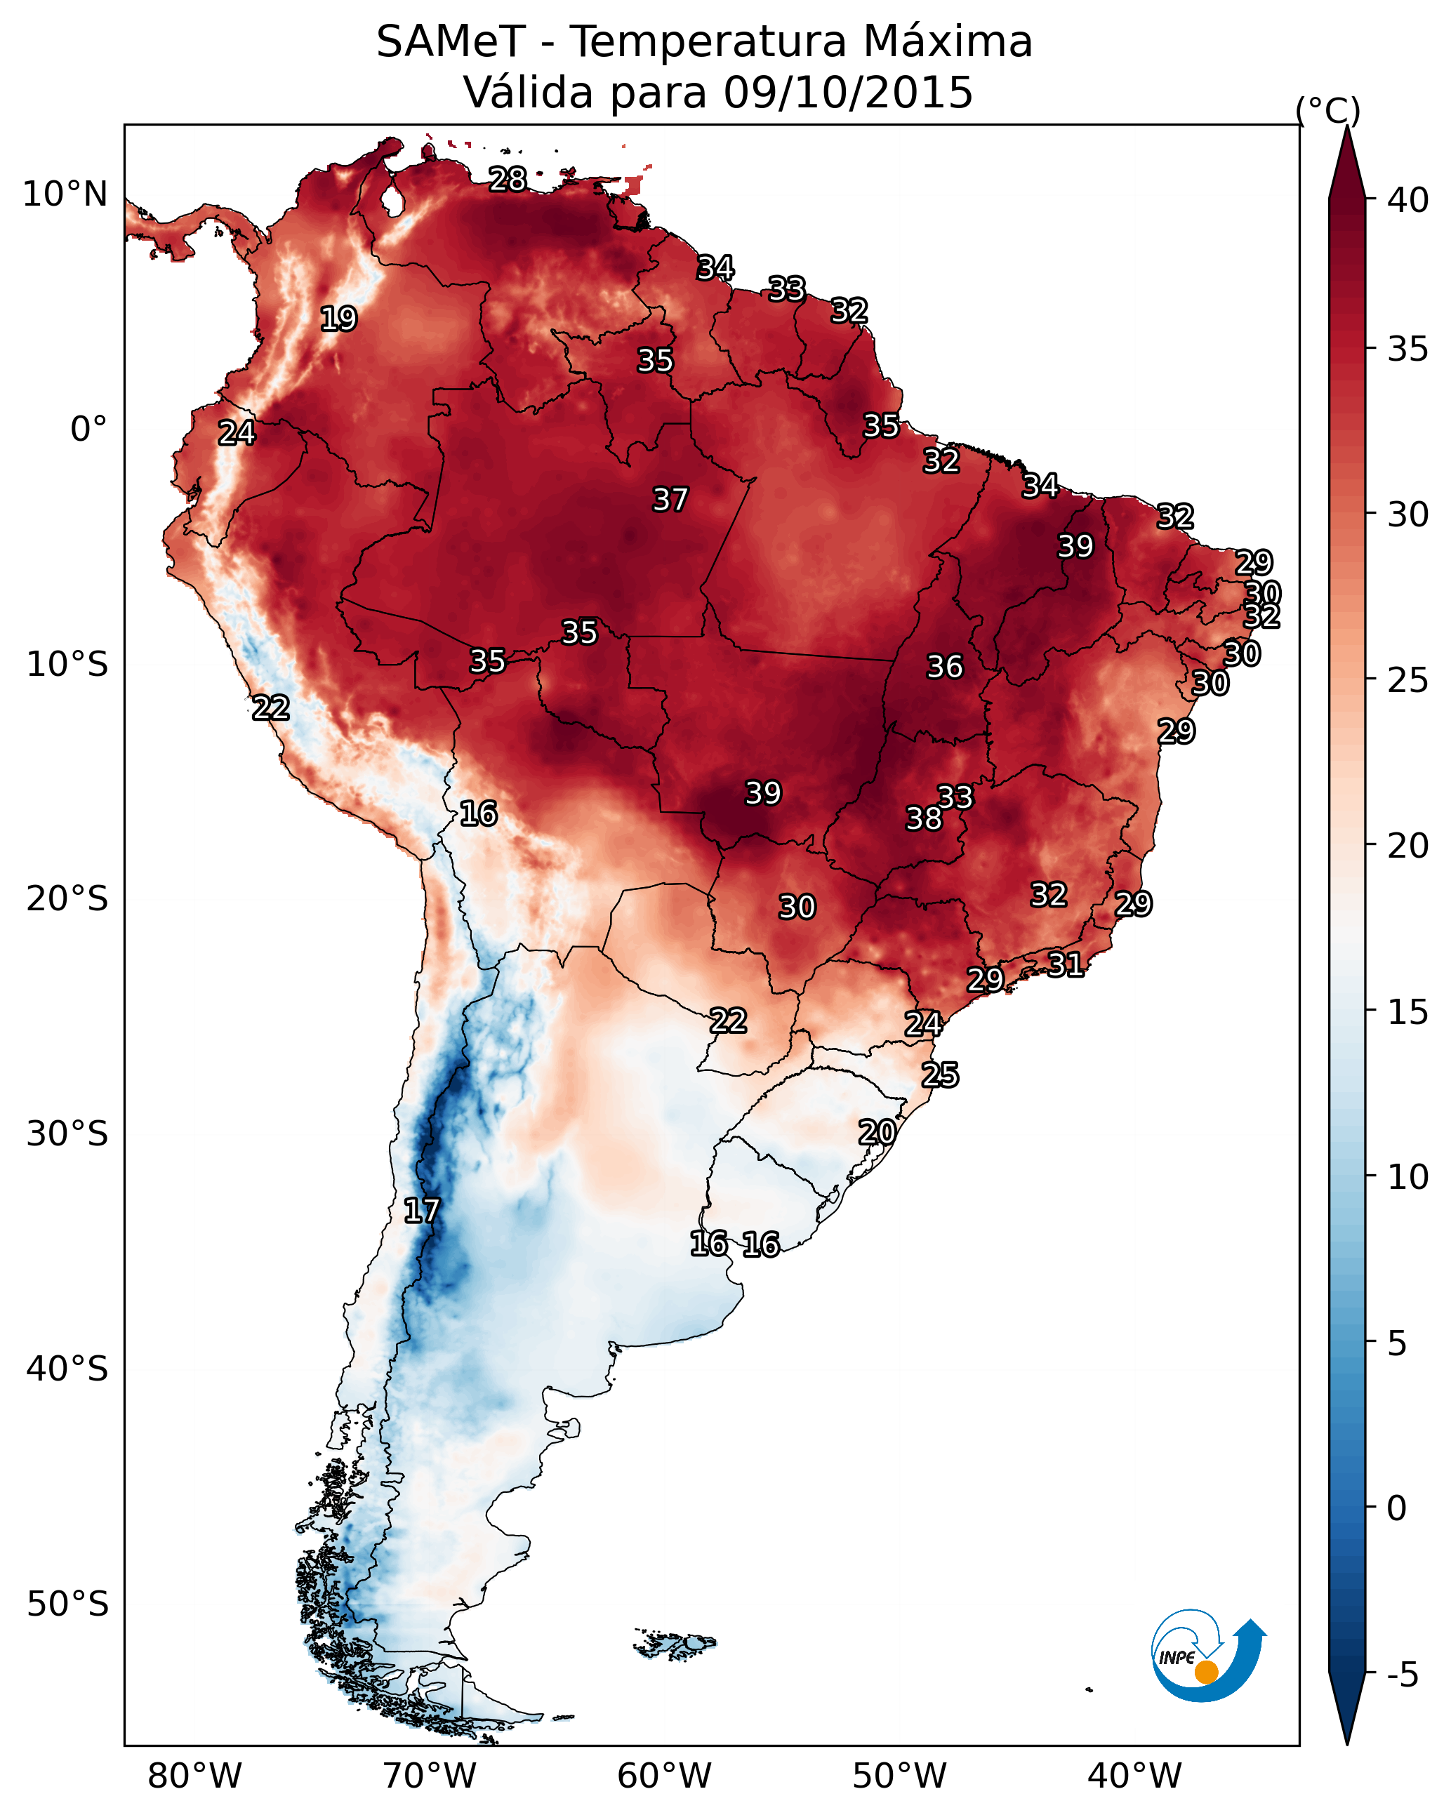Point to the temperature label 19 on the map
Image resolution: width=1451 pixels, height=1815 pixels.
(x=338, y=319)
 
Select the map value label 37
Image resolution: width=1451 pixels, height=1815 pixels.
(x=670, y=500)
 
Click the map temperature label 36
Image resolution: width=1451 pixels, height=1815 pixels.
(x=944, y=667)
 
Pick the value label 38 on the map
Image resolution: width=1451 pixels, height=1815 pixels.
(x=924, y=818)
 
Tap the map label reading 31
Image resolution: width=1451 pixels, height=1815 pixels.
(x=1066, y=964)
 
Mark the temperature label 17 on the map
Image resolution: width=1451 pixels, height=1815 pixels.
(x=422, y=1211)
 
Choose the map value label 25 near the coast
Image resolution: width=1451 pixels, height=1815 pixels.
(x=940, y=1075)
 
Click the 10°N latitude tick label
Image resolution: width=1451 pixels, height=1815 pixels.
(x=65, y=194)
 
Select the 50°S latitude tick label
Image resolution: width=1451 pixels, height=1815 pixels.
(x=67, y=1604)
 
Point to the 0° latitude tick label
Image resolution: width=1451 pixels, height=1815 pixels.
(x=89, y=430)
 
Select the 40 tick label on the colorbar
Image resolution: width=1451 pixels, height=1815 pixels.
(x=1408, y=200)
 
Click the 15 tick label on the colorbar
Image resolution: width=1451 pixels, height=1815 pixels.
(x=1408, y=1012)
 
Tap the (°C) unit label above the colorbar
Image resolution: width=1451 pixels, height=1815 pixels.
(x=1328, y=110)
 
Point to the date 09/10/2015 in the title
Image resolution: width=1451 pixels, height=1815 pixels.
(x=848, y=93)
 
